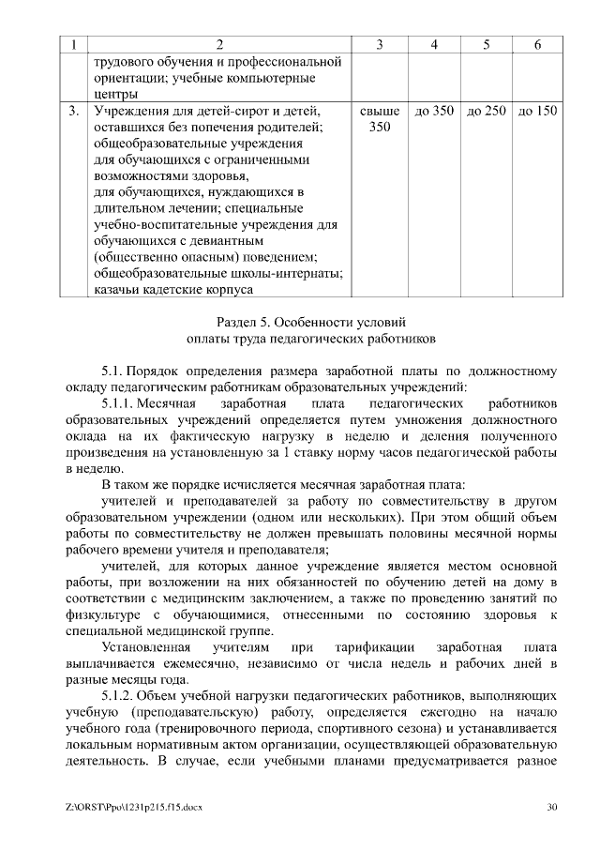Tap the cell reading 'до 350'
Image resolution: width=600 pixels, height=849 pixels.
[434, 112]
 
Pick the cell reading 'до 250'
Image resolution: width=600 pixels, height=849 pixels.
[486, 112]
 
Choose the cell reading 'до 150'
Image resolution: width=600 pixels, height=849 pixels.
[537, 112]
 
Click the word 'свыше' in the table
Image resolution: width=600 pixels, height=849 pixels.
[380, 112]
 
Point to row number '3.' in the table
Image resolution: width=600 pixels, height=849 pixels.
[74, 112]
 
